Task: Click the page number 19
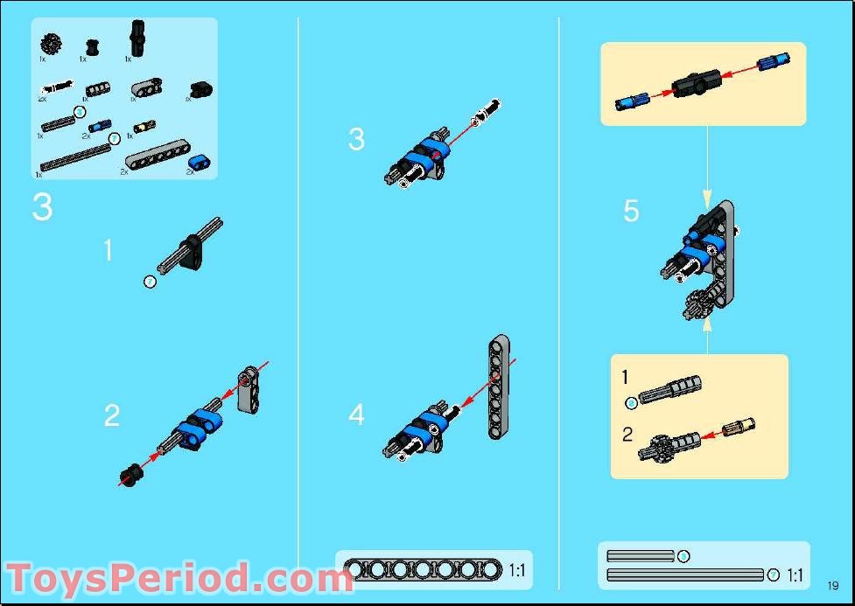pyautogui.click(x=832, y=586)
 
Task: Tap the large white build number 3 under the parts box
pyautogui.click(x=42, y=208)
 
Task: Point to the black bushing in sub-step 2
pyautogui.click(x=131, y=475)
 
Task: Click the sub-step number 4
pyautogui.click(x=356, y=414)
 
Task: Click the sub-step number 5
pyautogui.click(x=631, y=212)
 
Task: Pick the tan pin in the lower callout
pyautogui.click(x=737, y=428)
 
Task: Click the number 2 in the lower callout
pyautogui.click(x=627, y=434)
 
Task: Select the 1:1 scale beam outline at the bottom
pyautogui.click(x=424, y=570)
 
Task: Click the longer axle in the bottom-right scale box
pyautogui.click(x=685, y=575)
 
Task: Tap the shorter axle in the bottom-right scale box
pyautogui.click(x=641, y=556)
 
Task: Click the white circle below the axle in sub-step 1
pyautogui.click(x=150, y=282)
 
